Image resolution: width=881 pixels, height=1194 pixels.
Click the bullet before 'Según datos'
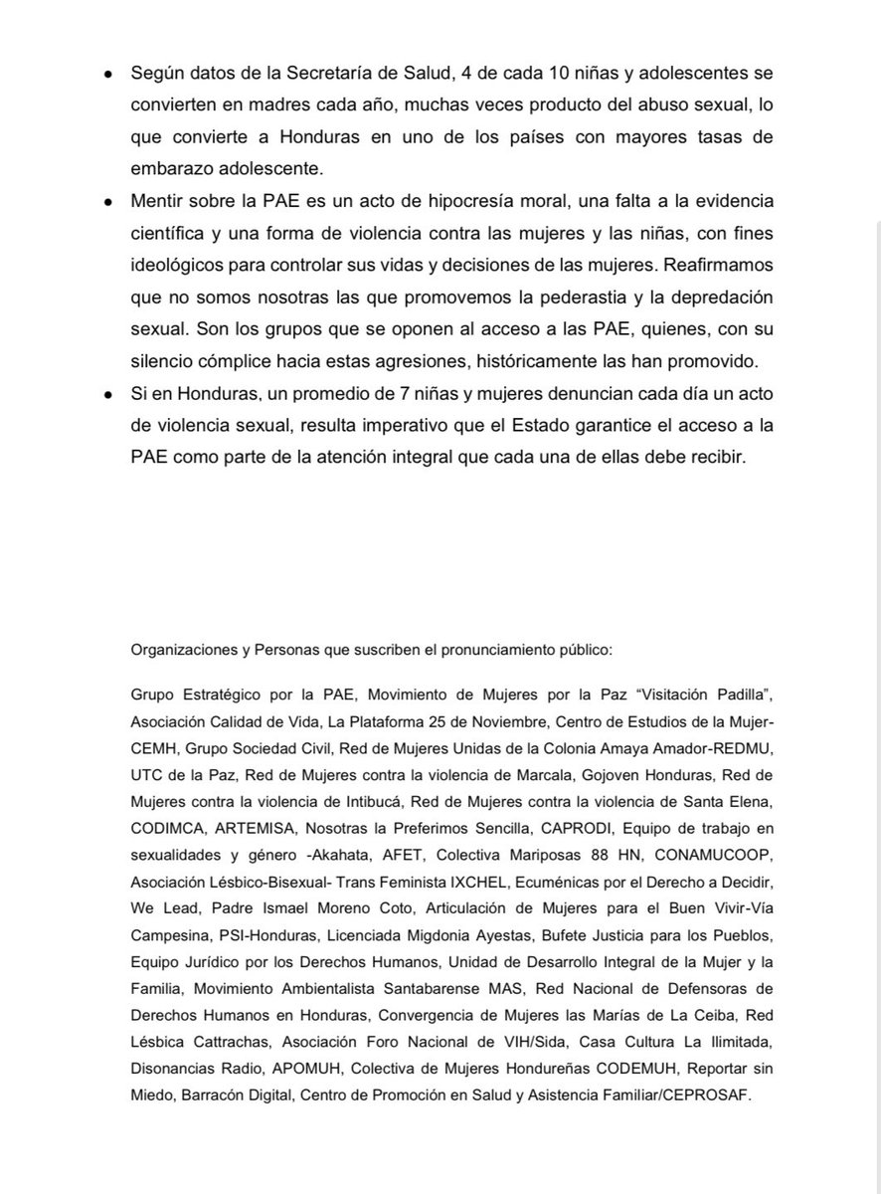107,76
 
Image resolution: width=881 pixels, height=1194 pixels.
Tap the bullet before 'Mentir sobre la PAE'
107,201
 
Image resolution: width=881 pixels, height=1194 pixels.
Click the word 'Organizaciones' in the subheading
179,650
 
